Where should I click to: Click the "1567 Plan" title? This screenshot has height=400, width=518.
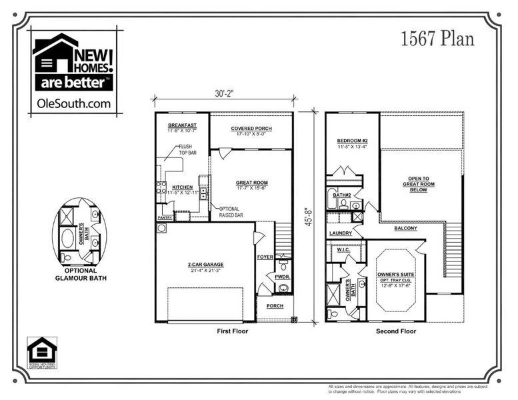(437, 39)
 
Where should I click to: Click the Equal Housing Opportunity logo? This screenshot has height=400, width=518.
(42, 352)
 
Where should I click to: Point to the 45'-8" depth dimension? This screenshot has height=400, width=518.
(308, 217)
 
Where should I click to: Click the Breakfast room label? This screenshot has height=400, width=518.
(181, 126)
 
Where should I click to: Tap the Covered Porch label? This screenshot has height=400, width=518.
(251, 129)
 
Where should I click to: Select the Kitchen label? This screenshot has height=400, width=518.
(183, 187)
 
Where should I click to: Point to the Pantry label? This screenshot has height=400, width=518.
(165, 217)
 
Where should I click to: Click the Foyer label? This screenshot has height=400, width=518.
(265, 255)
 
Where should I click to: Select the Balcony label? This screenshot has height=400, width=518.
(405, 228)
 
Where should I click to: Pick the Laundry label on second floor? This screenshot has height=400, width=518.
(340, 233)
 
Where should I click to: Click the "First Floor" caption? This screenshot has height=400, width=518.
(233, 331)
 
